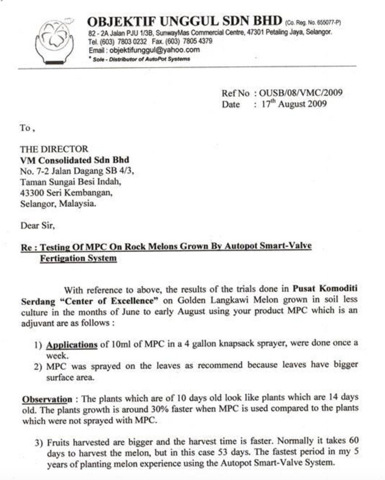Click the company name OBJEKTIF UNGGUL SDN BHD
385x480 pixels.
(184, 21)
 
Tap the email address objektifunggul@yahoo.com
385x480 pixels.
(154, 50)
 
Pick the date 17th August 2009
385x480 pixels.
(294, 104)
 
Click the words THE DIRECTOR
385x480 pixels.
(54, 149)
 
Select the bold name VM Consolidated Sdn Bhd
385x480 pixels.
(75, 160)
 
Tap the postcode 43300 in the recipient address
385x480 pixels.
(32, 193)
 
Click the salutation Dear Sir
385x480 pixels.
(37, 225)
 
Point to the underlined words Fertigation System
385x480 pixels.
(78, 259)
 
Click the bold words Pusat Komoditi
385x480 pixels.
(325, 288)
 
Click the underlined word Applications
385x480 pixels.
(72, 345)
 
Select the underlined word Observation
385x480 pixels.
(47, 399)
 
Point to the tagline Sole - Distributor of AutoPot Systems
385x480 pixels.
(141, 59)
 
